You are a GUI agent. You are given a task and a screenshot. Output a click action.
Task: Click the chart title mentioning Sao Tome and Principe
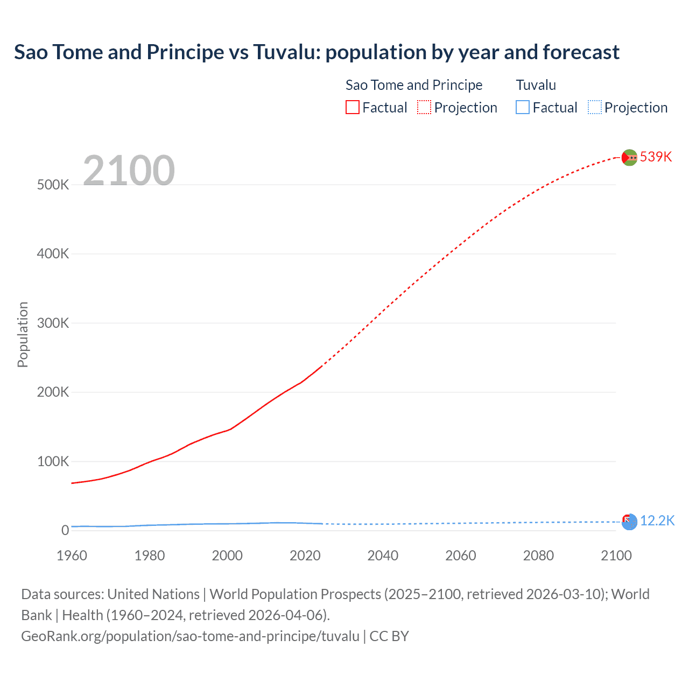tap(317, 52)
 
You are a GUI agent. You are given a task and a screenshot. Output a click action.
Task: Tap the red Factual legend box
tap(352, 107)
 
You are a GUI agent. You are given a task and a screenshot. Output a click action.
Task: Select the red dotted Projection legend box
tap(424, 107)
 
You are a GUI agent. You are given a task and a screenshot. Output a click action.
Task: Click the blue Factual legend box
tap(522, 107)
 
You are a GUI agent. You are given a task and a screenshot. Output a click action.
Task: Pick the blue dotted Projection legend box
tap(594, 107)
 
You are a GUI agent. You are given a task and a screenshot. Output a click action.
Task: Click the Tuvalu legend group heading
tap(536, 85)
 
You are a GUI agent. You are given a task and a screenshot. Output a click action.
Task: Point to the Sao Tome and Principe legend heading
tap(413, 85)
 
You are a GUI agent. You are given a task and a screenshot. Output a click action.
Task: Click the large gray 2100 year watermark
tap(129, 171)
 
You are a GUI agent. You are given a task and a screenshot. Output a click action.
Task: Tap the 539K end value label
tap(656, 157)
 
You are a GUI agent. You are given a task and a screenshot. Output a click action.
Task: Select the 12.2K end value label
tap(657, 521)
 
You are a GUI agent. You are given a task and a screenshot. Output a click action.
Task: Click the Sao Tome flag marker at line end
tap(629, 157)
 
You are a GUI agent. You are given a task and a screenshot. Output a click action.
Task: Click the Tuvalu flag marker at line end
tap(629, 522)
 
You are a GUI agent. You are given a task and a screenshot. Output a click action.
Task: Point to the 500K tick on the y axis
tap(53, 185)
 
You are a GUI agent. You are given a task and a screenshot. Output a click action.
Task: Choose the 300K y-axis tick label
tap(53, 323)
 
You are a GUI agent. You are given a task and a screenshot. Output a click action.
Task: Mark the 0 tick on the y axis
tap(65, 530)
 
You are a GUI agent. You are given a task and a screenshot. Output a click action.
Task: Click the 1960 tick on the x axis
tap(72, 556)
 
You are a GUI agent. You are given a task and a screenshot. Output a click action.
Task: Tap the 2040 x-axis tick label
tap(383, 556)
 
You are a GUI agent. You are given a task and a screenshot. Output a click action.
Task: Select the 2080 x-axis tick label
tap(538, 556)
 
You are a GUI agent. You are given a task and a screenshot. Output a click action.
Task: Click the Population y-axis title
tap(23, 334)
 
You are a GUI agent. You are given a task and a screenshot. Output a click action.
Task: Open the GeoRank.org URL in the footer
tap(190, 636)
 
